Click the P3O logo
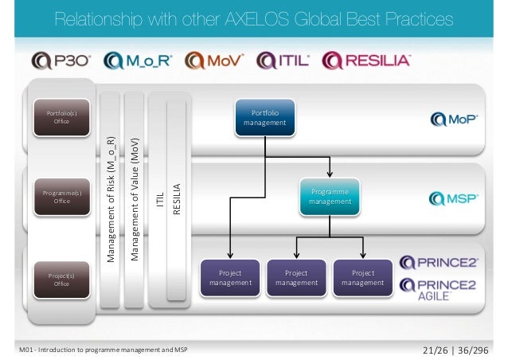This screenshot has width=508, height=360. pos(62,61)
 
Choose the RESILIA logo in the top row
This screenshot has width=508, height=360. pos(366,61)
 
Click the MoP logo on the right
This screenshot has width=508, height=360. pos(454,119)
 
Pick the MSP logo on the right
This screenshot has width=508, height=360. pos(454,198)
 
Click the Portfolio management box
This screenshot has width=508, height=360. pos(265,118)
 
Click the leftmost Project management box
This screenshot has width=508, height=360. pos(230,277)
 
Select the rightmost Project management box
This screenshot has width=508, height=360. pos(362,277)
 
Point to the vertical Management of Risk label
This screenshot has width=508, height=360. pos(112,199)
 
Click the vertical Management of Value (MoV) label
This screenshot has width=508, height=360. pos(135,199)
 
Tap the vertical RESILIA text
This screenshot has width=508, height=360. pos(177,200)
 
